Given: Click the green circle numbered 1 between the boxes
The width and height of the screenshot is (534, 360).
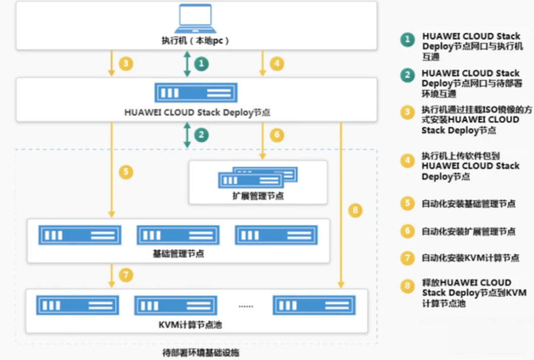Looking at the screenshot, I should click(202, 64).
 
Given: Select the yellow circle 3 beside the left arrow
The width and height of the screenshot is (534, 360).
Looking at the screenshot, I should click(126, 64).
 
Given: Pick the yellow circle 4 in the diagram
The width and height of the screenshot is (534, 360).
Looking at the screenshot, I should click(277, 64).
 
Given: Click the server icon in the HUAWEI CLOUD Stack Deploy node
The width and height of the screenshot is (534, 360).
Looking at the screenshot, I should click(196, 93).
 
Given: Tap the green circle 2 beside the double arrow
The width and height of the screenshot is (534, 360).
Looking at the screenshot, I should click(202, 134).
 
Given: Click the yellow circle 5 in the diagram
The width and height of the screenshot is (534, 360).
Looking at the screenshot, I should click(126, 172).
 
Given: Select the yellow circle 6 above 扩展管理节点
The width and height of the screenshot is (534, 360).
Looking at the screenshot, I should click(277, 135).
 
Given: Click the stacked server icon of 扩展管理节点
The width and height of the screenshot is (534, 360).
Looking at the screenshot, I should click(258, 177).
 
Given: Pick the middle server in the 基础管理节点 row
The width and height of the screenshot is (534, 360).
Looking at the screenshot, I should click(178, 235).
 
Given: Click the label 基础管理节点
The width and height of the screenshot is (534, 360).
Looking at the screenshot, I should click(178, 254).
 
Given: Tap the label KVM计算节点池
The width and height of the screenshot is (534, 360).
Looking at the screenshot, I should click(194, 324).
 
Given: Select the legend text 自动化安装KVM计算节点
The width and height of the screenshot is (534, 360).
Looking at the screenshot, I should click(470, 258).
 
